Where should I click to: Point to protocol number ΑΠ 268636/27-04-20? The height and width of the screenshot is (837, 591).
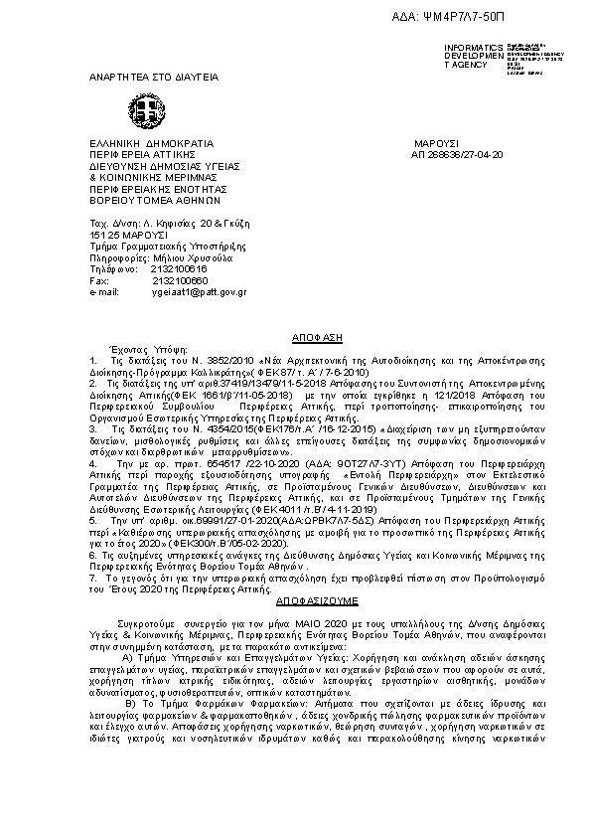(x=457, y=155)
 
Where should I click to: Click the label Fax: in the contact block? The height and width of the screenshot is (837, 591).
(x=98, y=280)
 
